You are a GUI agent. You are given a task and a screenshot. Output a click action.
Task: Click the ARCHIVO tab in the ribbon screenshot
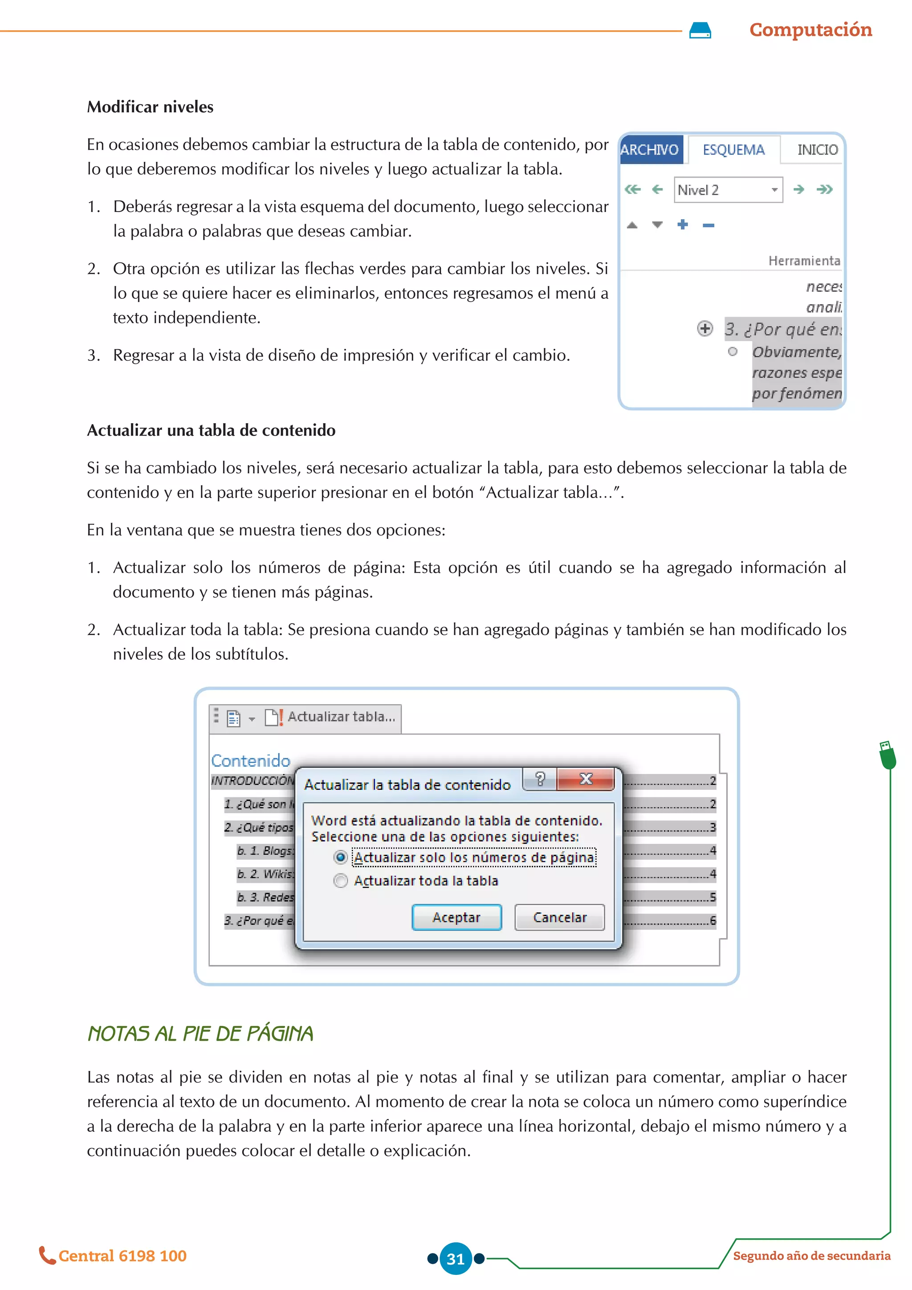(650, 150)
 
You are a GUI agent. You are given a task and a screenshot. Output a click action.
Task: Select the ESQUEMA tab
(733, 150)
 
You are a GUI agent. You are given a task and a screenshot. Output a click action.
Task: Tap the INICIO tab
(817, 150)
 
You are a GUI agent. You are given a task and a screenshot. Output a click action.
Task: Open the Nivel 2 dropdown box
(774, 190)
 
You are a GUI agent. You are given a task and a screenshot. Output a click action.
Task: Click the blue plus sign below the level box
(682, 225)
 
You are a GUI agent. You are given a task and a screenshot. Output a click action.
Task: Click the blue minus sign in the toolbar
(708, 225)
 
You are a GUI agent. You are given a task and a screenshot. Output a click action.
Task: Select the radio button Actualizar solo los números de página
(340, 857)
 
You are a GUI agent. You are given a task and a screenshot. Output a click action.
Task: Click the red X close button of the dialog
(586, 779)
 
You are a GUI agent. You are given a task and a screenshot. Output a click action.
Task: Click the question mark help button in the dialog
(540, 779)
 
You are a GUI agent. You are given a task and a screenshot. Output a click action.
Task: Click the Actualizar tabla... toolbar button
(331, 717)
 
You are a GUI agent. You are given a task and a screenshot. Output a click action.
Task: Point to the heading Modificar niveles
(150, 107)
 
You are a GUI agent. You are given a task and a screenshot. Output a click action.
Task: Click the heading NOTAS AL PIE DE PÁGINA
(200, 1033)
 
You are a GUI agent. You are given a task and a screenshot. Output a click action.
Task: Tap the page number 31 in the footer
(456, 1258)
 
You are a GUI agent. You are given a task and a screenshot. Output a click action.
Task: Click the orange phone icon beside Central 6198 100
(47, 1255)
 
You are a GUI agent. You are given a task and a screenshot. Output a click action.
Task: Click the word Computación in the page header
(810, 30)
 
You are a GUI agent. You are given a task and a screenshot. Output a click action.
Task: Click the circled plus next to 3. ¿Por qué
(705, 328)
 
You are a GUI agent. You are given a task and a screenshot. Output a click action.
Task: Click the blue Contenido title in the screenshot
(250, 760)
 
